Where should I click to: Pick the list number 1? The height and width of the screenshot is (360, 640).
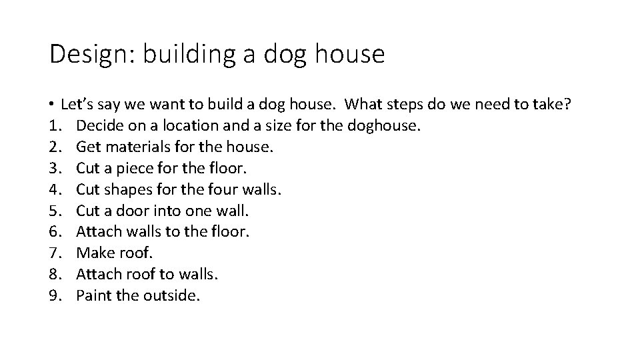pos(54,125)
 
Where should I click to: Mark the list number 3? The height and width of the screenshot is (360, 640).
pos(54,168)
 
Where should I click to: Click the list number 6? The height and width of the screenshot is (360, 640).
pos(54,232)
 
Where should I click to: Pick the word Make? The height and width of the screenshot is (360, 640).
pos(93,253)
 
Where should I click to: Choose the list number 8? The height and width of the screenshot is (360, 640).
pos(54,275)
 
